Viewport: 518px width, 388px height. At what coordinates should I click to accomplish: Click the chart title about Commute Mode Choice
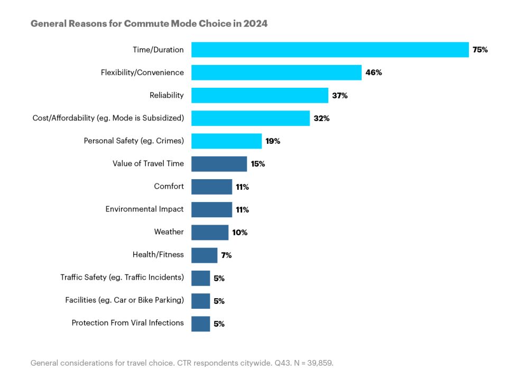[x=149, y=24]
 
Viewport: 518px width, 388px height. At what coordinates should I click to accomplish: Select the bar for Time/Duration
[x=330, y=50]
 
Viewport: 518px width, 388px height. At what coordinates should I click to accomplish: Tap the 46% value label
[x=373, y=72]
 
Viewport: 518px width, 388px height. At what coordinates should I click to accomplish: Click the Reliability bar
[x=260, y=95]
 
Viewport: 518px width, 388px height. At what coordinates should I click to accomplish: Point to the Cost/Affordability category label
[x=108, y=118]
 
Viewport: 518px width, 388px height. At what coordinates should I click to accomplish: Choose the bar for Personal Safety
[x=226, y=141]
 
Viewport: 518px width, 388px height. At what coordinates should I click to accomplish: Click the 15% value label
[x=258, y=164]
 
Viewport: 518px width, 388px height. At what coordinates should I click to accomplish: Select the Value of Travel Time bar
[x=219, y=164]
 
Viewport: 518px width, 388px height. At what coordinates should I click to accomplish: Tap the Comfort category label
[x=169, y=187]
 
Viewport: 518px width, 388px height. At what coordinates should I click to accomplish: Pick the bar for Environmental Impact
[x=211, y=209]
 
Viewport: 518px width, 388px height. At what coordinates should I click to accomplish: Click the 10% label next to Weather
[x=239, y=233]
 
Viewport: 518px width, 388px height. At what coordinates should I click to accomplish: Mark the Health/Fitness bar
[x=204, y=255]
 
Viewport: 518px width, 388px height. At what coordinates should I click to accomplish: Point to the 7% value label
[x=226, y=255]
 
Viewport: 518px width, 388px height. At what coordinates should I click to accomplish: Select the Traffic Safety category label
[x=122, y=277]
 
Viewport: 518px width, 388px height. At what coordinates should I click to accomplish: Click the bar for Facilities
[x=200, y=301]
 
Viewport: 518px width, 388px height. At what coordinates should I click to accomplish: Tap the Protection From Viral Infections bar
[x=200, y=324]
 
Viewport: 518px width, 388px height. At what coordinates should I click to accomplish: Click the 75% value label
[x=480, y=50]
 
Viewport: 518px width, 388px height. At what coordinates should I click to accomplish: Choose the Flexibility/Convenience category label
[x=142, y=72]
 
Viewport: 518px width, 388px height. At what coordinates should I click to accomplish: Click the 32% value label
[x=321, y=118]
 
